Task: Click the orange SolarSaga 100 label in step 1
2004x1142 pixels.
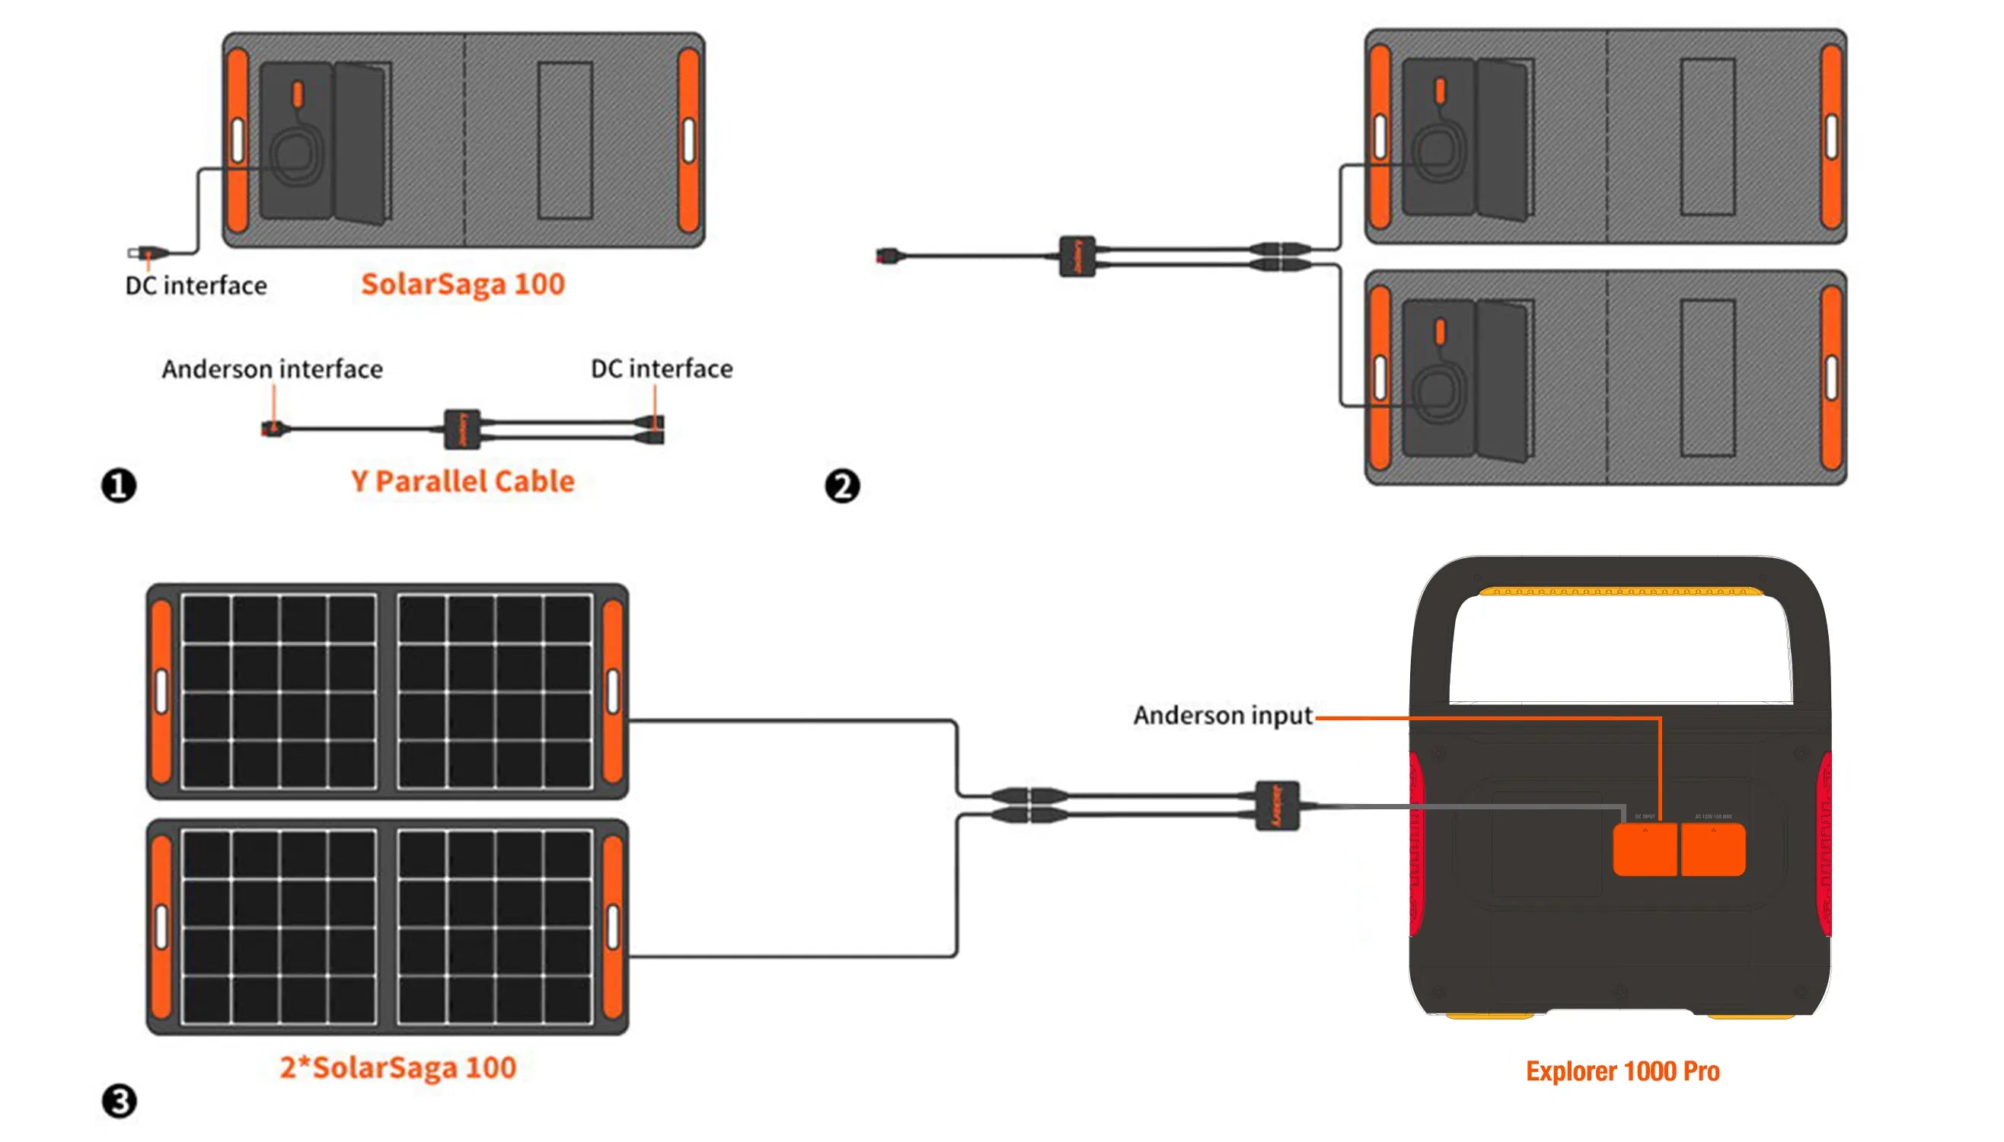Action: [462, 284]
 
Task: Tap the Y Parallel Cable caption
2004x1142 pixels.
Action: [462, 481]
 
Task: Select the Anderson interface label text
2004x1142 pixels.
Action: [272, 368]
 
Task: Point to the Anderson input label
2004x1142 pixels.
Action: [1222, 716]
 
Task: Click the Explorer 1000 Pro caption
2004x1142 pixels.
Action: [1622, 1070]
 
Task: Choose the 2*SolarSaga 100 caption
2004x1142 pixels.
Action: [397, 1067]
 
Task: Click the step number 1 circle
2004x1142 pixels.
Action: [119, 485]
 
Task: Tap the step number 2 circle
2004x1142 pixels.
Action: [841, 486]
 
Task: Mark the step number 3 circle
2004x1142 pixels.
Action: [120, 1100]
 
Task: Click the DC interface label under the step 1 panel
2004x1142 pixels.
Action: [196, 285]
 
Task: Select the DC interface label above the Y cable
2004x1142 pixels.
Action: [661, 368]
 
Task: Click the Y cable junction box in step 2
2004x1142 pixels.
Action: [1077, 256]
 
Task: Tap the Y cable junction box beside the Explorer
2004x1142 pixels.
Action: [1277, 805]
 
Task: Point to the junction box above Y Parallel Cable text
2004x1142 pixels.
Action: [461, 428]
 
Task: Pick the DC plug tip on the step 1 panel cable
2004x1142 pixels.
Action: [135, 253]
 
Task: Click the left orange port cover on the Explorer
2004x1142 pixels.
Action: [1644, 850]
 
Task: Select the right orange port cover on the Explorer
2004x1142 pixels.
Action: [1712, 850]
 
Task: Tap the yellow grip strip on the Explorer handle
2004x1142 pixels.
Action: [1619, 592]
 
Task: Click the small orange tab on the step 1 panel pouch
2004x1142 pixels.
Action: [297, 94]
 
